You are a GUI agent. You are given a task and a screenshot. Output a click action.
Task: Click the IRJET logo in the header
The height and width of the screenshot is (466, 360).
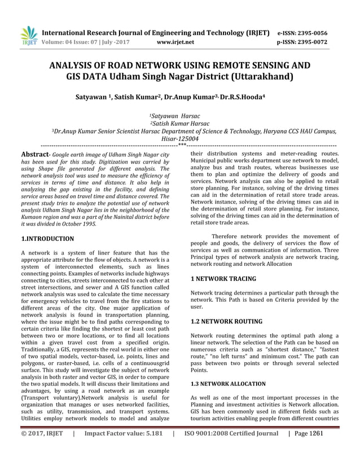pos(28,36)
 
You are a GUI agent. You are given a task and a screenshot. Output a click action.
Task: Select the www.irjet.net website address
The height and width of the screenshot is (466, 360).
pos(175,42)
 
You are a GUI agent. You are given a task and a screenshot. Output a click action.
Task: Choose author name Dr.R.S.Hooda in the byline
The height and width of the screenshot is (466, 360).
pos(239,97)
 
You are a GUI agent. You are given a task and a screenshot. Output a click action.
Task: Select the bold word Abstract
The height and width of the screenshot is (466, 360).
pos(33,154)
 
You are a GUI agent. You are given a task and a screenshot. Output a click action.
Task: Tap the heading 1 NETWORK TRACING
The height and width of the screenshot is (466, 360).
pos(223,279)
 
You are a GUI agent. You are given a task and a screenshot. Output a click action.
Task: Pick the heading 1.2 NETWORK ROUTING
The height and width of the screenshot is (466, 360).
pos(226,322)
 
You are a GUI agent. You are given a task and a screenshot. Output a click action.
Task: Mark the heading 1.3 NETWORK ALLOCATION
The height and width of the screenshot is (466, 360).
pos(228,384)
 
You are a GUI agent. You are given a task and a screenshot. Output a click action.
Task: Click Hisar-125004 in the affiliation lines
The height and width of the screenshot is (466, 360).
pos(180,138)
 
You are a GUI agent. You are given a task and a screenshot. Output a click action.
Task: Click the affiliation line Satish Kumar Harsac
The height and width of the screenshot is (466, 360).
pos(179,123)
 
